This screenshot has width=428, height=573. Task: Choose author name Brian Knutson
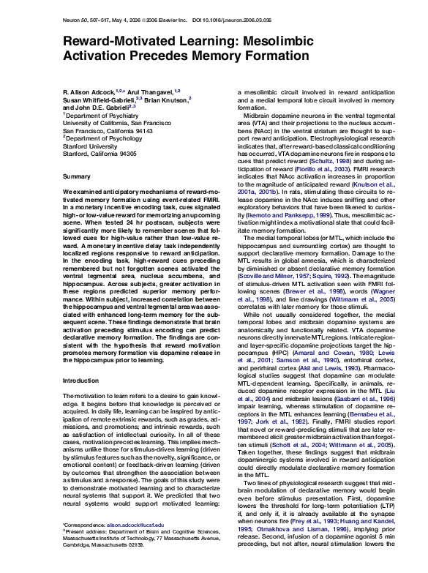click(166, 99)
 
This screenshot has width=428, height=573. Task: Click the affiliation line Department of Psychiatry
click(97, 115)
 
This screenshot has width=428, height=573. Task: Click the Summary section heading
click(77, 177)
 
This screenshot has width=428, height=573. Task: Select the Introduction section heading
click(80, 381)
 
